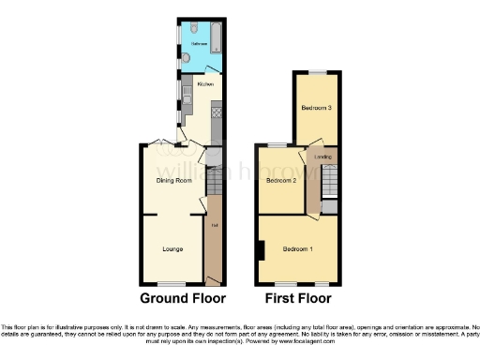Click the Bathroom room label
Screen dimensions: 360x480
(200, 44)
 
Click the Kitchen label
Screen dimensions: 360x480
(205, 85)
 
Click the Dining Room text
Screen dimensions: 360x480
(174, 180)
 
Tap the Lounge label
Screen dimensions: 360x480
(172, 248)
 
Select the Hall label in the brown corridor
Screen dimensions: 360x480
(214, 225)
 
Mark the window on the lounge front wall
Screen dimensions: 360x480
(171, 283)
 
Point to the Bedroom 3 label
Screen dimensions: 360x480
(317, 109)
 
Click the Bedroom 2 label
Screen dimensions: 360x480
(281, 179)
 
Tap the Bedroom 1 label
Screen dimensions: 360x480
(299, 248)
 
